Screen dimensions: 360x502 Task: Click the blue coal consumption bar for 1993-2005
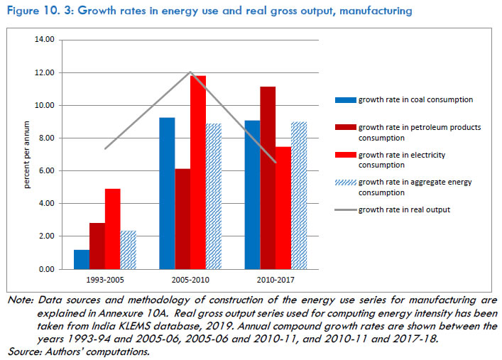click(82, 259)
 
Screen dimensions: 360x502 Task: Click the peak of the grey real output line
click(190, 72)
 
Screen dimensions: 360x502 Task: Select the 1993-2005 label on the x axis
click(105, 280)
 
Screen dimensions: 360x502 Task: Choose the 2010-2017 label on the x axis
click(275, 280)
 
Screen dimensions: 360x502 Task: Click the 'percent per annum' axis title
click(25, 154)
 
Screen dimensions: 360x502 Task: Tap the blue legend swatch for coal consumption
click(345, 100)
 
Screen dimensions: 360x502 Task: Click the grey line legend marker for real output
click(345, 209)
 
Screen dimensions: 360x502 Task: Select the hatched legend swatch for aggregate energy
click(345, 182)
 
